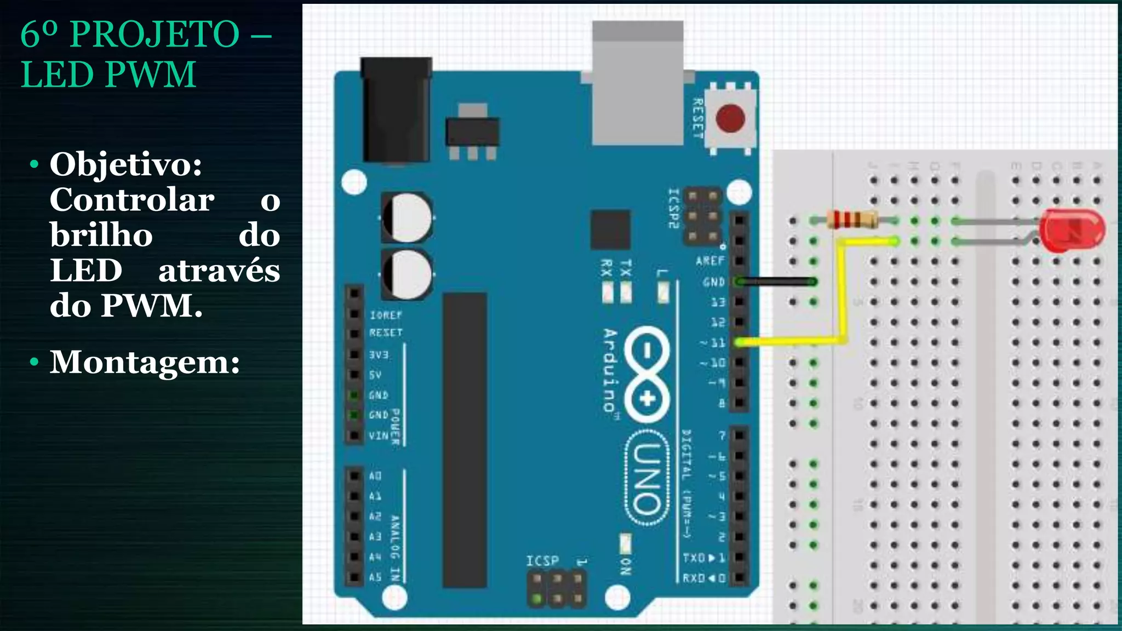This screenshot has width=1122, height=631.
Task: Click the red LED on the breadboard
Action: point(1072,230)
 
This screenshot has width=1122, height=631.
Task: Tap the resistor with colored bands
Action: point(852,220)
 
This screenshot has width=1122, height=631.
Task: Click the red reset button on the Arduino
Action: point(730,118)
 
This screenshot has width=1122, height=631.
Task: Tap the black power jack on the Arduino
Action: point(396,110)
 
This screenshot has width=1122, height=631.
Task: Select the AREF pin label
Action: point(710,261)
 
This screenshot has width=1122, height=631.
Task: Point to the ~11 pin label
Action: point(713,343)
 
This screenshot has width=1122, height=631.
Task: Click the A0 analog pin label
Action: point(375,475)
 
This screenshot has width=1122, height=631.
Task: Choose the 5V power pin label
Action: point(375,375)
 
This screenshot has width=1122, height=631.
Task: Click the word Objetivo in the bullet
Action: point(125,164)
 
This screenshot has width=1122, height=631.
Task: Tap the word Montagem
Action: point(145,362)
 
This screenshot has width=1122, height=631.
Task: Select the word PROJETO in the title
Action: point(154,34)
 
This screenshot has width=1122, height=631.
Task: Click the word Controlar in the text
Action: point(132,200)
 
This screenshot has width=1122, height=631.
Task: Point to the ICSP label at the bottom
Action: point(542,561)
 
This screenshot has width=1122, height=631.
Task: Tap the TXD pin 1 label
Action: point(703,558)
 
